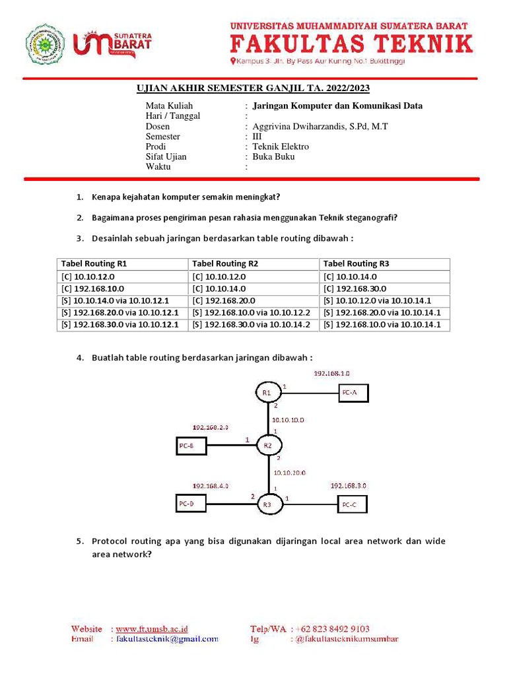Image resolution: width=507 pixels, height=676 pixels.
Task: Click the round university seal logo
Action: click(45, 44)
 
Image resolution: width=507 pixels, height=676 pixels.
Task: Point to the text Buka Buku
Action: click(273, 156)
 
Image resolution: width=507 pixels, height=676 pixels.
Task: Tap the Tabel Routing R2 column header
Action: click(225, 263)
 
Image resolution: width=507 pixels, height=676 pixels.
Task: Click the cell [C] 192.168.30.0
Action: click(355, 288)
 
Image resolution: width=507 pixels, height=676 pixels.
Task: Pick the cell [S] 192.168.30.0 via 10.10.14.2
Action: click(251, 324)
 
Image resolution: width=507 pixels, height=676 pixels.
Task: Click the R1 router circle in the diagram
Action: click(267, 393)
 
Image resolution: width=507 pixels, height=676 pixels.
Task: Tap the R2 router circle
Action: click(268, 446)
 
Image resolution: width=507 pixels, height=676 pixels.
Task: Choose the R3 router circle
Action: click(267, 505)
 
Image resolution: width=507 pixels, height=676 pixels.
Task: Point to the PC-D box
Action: click(191, 504)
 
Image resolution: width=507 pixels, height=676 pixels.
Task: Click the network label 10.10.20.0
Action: click(289, 473)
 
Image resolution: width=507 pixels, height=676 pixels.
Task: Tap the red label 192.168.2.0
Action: click(210, 427)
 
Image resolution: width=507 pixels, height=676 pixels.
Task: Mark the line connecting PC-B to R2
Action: click(231, 446)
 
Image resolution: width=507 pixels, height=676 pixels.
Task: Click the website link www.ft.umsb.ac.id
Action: click(152, 628)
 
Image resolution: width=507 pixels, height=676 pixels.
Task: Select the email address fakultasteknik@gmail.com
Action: click(166, 638)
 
